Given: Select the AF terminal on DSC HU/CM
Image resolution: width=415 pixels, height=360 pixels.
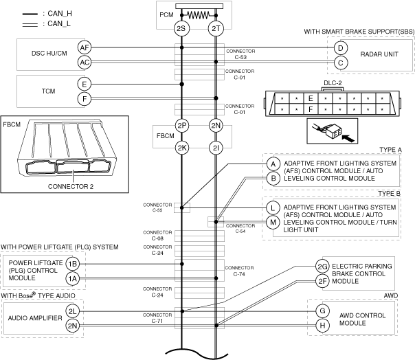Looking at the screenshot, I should pos(85,47).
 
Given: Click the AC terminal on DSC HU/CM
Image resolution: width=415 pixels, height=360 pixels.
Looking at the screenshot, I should pos(85,62).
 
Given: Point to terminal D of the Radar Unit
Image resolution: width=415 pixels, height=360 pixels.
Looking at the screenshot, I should pos(339,47).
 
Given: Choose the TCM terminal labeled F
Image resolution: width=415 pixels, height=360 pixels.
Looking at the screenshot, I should pos(85,99).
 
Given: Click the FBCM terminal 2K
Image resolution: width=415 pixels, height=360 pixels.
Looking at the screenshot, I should pos(181,147).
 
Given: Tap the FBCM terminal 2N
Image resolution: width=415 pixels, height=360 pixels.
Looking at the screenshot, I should pos(216,126).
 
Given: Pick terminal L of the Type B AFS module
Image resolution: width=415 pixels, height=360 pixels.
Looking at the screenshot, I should pos(273,207).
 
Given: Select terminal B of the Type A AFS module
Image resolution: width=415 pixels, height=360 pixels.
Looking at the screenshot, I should pos(273,178).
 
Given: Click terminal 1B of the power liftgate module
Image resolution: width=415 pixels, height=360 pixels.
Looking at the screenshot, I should pos(73,264).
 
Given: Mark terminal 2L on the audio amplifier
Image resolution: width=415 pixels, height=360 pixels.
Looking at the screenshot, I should pos(73,311).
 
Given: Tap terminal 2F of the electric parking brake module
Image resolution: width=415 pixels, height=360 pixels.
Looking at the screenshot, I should pos(322,280).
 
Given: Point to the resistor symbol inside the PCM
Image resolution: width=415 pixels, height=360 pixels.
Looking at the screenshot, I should pos(199,13).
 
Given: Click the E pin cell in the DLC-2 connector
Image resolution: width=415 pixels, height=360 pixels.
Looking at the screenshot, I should pos(311,98).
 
